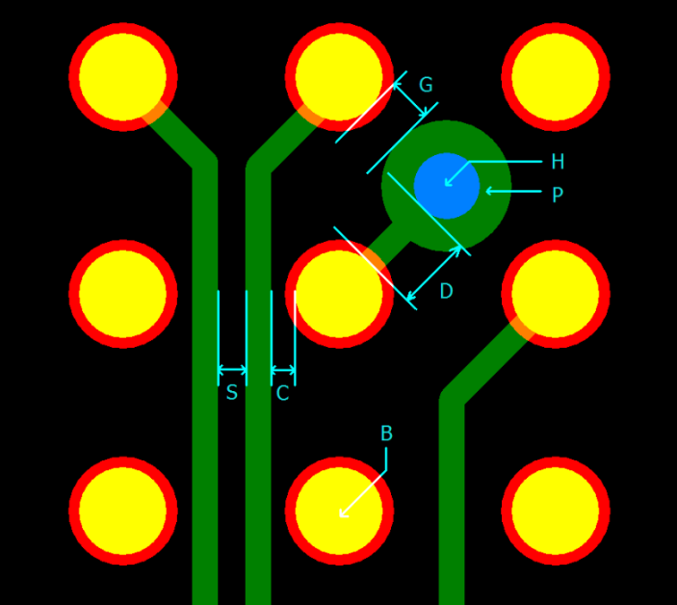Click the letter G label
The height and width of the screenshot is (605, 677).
[x=426, y=86]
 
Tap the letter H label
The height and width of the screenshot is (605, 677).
[x=558, y=162]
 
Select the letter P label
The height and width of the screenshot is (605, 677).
[x=558, y=195]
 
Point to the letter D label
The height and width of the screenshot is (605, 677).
[x=446, y=292]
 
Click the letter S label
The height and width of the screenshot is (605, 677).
[x=231, y=393]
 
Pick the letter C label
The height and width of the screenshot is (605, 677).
[x=282, y=393]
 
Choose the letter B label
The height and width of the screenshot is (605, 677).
[x=386, y=434]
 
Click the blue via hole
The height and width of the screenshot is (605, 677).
[x=447, y=185]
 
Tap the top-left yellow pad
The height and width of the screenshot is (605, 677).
[x=123, y=77]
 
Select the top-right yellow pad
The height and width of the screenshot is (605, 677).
[x=556, y=77]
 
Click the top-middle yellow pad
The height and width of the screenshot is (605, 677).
[x=339, y=77]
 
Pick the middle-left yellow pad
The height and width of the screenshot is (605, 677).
[x=123, y=294]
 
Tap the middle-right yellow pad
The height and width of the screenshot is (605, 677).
[x=556, y=294]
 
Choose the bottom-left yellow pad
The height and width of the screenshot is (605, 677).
[x=123, y=511]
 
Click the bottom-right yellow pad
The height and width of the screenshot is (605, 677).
[x=556, y=511]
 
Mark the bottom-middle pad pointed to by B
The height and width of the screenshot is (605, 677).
[x=339, y=511]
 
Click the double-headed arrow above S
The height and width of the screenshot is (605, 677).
[x=232, y=370]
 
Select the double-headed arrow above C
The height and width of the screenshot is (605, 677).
[x=283, y=370]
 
